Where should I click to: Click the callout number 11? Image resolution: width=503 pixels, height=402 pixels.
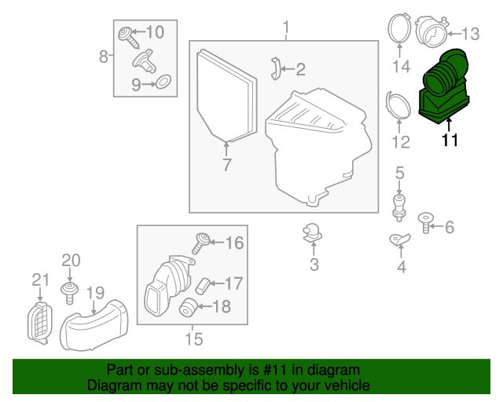pos(450,141)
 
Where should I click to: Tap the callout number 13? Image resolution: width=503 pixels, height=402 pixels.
pos(469,34)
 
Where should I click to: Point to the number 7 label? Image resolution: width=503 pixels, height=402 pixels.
pos(226,166)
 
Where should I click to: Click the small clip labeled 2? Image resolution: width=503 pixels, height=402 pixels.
pos(276,68)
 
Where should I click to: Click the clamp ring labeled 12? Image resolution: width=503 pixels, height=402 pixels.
pos(398,108)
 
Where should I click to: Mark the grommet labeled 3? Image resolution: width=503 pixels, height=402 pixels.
pos(313,233)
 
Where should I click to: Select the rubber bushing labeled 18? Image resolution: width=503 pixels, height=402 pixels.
pos(189,307)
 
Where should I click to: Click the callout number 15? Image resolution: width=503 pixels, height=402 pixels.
pos(193,339)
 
